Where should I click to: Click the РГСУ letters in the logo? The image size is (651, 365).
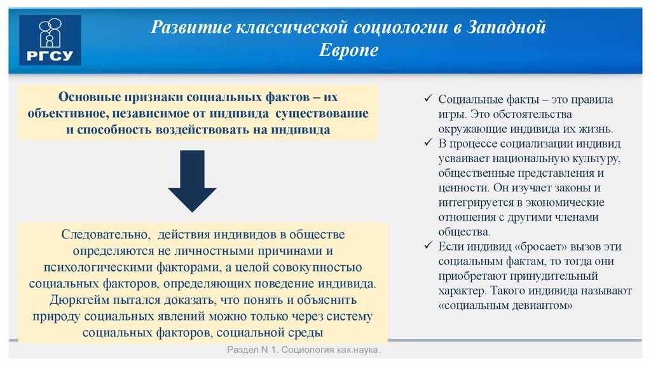pos(50,57)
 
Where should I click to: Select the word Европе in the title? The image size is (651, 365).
pos(348,50)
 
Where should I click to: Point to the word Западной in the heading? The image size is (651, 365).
pos(507,28)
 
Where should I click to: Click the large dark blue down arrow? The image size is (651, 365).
pos(192,181)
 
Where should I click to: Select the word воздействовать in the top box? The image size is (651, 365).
pos(202,130)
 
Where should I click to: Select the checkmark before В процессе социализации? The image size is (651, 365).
pos(428,142)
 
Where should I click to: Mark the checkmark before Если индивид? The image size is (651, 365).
pos(428,246)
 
